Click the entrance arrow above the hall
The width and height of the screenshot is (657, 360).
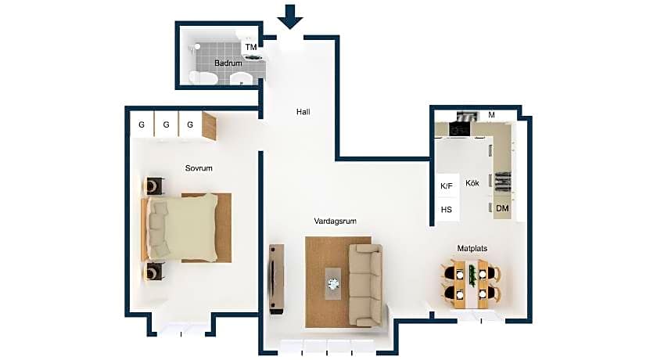tap(290, 16)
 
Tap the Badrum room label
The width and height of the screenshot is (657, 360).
tap(228, 63)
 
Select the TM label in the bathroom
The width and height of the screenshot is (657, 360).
tap(250, 47)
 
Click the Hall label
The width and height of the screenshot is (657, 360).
tap(303, 112)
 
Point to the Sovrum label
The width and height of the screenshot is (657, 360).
tap(199, 168)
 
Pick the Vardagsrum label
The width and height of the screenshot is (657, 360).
tap(336, 221)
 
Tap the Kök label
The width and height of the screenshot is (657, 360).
tap(472, 183)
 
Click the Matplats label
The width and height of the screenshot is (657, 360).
tap(472, 249)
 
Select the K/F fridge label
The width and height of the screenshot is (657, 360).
tap(447, 186)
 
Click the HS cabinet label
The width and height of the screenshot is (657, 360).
tap(447, 210)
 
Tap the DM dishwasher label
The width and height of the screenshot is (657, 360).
tap(502, 208)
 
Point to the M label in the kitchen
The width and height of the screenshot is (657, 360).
tap(491, 115)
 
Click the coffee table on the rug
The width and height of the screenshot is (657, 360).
tap(334, 284)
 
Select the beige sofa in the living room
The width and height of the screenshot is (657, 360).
tap(365, 286)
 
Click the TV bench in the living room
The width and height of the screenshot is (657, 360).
tap(277, 279)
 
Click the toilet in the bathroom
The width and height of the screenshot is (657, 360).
tap(202, 78)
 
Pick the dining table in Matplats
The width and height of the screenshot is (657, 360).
tap(472, 285)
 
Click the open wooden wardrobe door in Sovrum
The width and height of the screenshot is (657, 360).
tap(210, 126)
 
